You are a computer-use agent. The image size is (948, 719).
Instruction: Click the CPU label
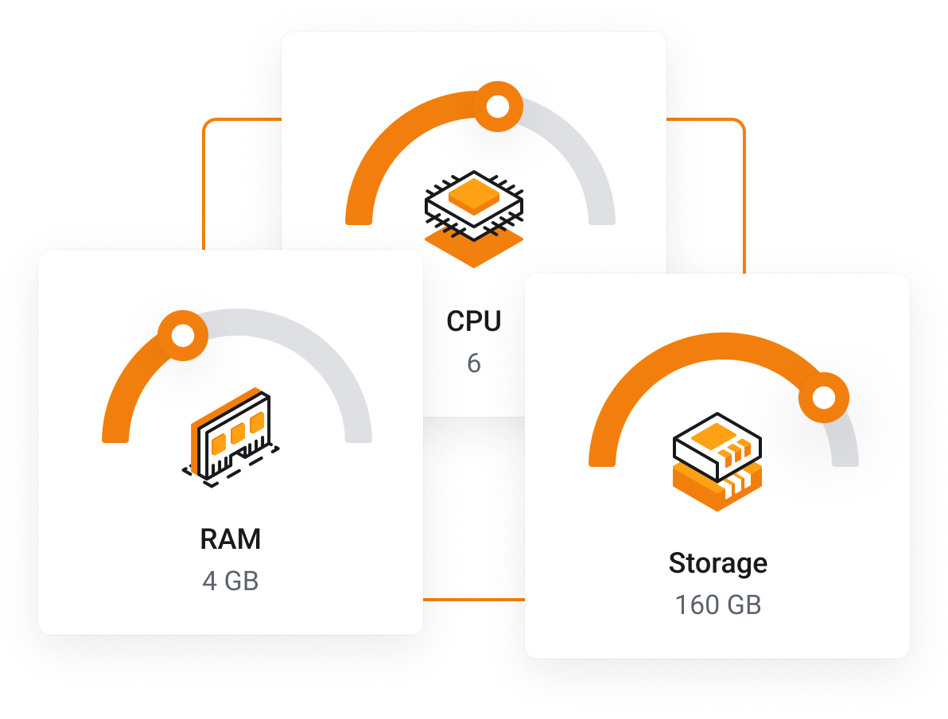[474, 321]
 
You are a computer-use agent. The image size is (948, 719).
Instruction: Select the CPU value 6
[474, 363]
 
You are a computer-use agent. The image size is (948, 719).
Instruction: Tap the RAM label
[231, 539]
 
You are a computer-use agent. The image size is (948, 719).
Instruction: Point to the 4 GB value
[231, 581]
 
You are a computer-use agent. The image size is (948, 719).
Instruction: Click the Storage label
[717, 563]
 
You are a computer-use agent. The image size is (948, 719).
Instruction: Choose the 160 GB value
[717, 605]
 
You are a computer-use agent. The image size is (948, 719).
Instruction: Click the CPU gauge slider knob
[498, 106]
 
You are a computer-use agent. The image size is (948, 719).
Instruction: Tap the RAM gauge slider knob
[183, 336]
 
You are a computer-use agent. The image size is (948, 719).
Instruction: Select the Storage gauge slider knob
[824, 397]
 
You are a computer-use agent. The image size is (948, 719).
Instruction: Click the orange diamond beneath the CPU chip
[474, 248]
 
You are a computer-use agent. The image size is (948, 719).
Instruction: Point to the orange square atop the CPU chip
[474, 194]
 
